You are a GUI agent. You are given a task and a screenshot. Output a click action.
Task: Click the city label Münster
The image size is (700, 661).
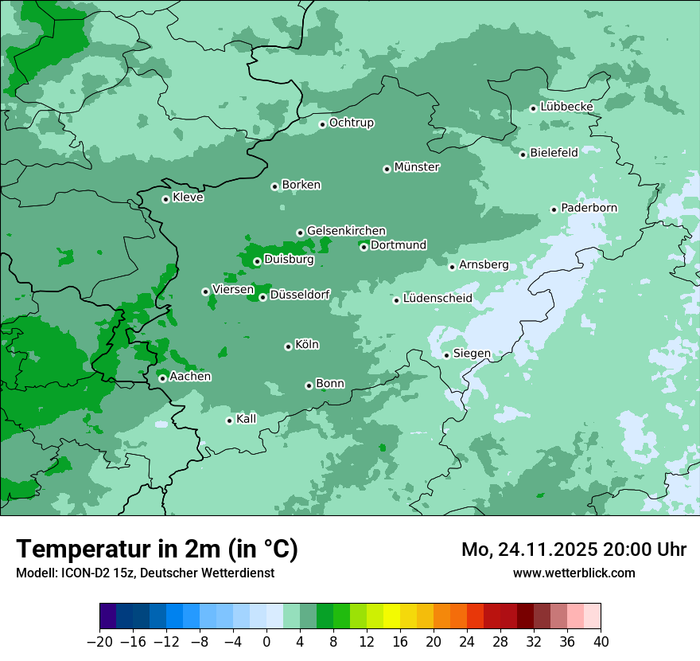pos(417,167)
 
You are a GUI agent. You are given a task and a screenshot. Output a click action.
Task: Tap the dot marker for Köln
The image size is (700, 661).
pos(288,346)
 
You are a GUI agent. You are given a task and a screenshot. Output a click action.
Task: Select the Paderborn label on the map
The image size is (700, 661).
pos(589,208)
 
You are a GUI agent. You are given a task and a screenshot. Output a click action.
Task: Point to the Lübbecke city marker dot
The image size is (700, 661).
pos(533,108)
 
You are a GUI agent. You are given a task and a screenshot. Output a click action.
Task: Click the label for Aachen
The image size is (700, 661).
pos(190,377)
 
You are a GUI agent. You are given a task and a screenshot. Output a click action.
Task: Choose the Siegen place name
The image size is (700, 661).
pos(472,354)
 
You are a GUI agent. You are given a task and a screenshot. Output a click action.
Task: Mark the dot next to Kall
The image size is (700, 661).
pos(229,420)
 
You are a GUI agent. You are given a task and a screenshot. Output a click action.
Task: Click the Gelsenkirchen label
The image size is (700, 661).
pos(346,231)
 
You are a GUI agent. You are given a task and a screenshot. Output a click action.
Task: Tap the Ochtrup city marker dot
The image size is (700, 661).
pos(322,124)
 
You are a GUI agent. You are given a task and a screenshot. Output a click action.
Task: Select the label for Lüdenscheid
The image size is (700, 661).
pos(437,299)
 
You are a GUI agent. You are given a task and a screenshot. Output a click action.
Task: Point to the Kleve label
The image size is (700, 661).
pos(188,198)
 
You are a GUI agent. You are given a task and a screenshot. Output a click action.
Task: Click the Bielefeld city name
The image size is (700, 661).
pos(554,152)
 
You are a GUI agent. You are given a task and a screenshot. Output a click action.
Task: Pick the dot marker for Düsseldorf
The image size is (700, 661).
pos(262,297)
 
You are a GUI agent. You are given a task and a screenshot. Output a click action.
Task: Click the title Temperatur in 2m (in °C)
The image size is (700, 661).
pos(157,549)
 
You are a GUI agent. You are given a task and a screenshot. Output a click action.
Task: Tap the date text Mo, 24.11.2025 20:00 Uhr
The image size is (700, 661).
pos(574,550)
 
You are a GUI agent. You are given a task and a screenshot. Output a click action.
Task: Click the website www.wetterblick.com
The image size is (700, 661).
pos(574,573)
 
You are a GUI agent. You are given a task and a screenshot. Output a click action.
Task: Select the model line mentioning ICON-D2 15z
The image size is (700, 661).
pos(145,573)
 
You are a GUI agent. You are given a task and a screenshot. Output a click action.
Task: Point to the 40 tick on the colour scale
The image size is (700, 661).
pos(601,642)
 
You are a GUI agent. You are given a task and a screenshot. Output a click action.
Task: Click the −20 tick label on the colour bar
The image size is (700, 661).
pos(100,642)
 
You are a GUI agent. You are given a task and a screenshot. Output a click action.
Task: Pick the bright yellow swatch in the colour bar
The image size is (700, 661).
pos(392,616)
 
